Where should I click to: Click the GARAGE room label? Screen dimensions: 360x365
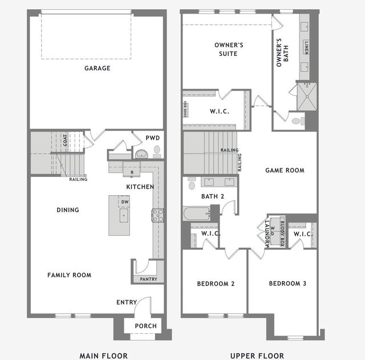(x=97, y=68)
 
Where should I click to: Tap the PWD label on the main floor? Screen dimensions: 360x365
(x=152, y=137)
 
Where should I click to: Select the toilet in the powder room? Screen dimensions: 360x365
(x=156, y=150)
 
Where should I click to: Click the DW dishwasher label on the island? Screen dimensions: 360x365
(x=124, y=202)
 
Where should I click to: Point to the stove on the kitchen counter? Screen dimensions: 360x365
(x=157, y=215)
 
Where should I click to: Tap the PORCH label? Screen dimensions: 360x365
(x=145, y=326)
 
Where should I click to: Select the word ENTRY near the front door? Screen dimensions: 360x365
(x=126, y=302)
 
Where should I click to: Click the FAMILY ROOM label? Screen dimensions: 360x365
(x=69, y=275)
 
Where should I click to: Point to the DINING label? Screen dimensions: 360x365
(x=68, y=210)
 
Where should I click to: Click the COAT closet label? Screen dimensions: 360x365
(x=65, y=140)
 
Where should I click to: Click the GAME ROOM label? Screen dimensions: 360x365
(x=285, y=170)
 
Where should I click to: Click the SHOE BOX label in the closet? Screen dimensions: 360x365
(x=185, y=108)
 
